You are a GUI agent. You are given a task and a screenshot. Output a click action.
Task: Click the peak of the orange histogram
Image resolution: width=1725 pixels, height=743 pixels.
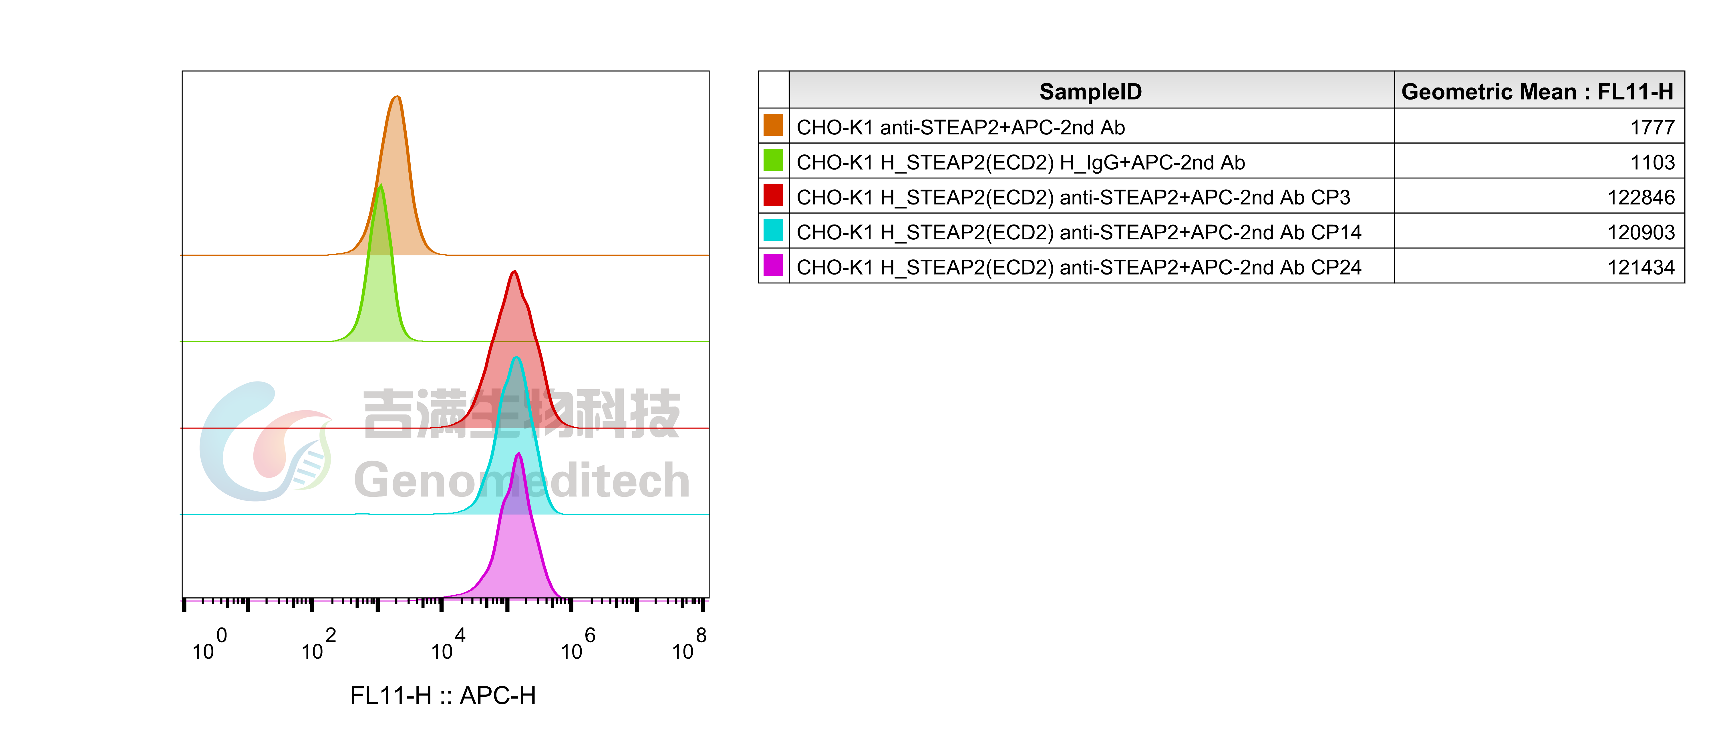pyautogui.click(x=397, y=97)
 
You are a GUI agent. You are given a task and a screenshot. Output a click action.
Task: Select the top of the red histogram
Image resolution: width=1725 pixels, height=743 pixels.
pyautogui.click(x=514, y=271)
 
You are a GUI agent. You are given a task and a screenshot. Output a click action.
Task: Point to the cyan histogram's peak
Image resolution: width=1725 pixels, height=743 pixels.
pyautogui.click(x=516, y=358)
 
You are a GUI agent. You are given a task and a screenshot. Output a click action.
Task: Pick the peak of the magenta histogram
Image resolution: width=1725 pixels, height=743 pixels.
pyautogui.click(x=518, y=454)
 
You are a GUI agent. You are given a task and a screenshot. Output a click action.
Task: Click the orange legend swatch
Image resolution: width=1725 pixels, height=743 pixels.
pyautogui.click(x=773, y=125)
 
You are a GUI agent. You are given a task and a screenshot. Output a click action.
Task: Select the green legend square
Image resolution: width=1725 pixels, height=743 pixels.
pyautogui.click(x=773, y=160)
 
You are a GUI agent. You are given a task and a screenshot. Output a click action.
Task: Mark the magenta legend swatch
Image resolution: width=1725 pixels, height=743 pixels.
pyautogui.click(x=773, y=265)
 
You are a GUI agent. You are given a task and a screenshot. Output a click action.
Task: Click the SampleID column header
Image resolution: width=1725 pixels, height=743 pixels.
pyautogui.click(x=1090, y=91)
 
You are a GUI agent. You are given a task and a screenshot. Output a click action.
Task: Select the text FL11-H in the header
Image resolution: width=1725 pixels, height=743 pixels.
pyautogui.click(x=1635, y=91)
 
